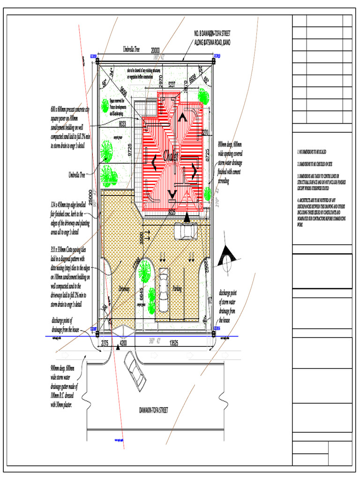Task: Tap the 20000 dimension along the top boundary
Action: pos(155,51)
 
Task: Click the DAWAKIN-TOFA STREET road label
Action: pos(154,410)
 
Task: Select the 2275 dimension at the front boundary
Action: pos(105,343)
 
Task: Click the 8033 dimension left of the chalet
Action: pos(122,124)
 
